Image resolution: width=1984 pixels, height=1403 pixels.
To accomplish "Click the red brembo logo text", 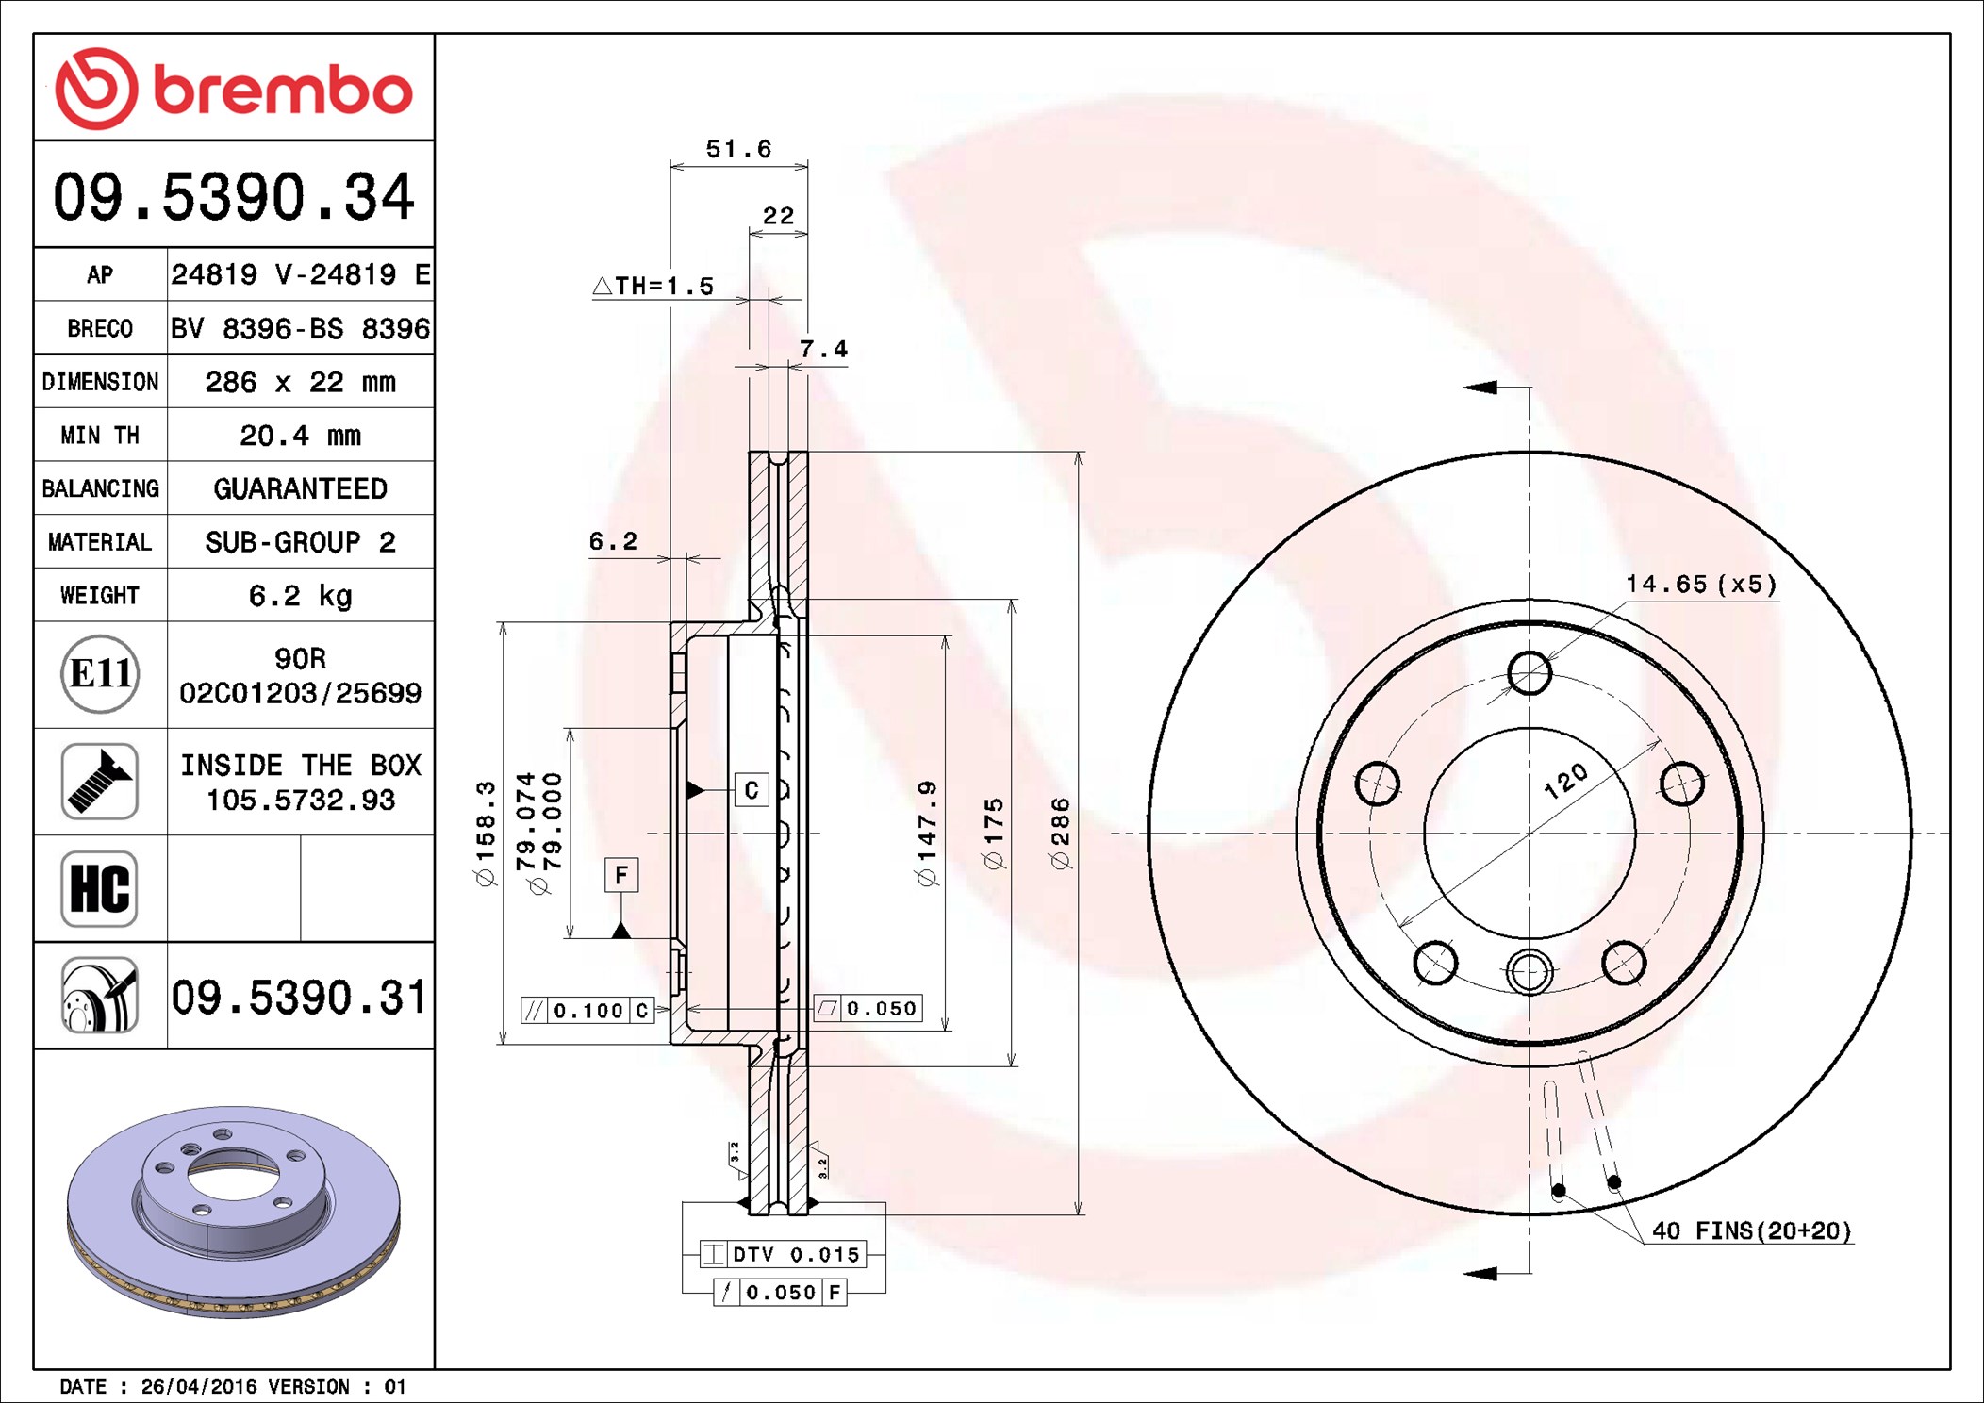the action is [283, 91].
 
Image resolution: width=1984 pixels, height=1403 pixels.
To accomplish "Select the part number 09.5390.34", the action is [234, 197].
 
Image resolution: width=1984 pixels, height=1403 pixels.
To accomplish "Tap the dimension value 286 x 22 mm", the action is [301, 382].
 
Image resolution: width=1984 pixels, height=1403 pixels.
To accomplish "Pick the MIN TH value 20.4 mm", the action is [301, 436].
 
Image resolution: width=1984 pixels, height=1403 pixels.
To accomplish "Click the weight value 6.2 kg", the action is [301, 596].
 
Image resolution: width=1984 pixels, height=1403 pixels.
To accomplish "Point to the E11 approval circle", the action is [100, 673].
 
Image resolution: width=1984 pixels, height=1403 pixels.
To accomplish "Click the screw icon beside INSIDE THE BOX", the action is [100, 781].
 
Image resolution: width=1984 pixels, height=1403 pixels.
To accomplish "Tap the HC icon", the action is [100, 888].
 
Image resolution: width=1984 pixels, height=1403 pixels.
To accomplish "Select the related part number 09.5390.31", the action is [300, 997].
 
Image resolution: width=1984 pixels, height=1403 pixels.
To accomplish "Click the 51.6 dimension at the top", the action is [738, 149].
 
